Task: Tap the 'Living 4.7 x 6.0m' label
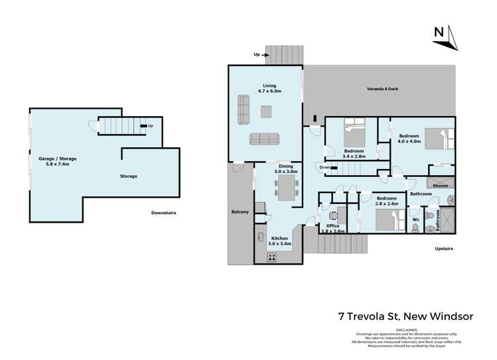point(269,89)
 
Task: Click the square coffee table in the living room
point(266,111)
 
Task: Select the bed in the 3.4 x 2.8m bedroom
point(354,133)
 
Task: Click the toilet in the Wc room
point(415,227)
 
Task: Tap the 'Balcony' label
point(240,211)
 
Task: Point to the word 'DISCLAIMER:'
point(407,330)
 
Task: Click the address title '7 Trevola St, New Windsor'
point(405,316)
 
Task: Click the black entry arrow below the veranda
point(315,119)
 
